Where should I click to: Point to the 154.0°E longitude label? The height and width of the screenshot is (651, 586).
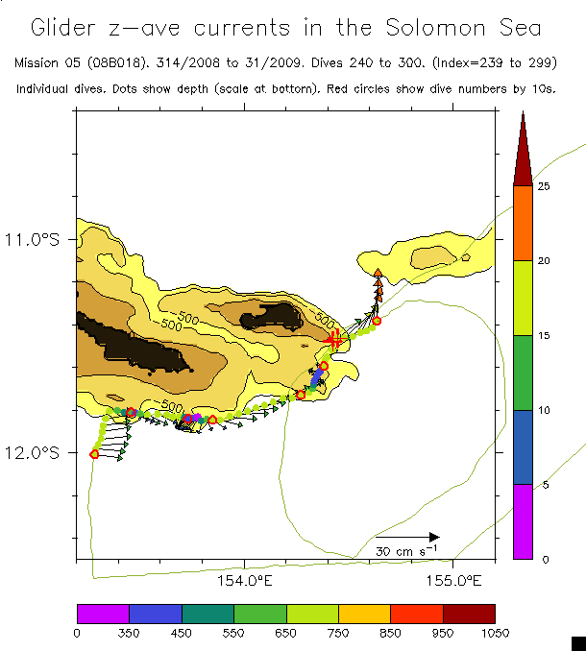[x=245, y=580]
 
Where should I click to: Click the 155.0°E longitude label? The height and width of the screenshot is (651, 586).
[x=453, y=580]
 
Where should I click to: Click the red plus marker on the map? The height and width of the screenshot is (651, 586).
[x=333, y=338]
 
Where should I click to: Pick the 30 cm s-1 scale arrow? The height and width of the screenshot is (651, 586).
[x=407, y=537]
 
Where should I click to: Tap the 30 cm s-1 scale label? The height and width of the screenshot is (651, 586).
[x=406, y=551]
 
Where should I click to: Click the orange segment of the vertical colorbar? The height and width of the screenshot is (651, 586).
[x=523, y=223]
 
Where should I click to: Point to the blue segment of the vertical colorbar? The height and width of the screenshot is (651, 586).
[x=523, y=446]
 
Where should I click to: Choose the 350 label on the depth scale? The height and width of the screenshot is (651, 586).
[x=129, y=632]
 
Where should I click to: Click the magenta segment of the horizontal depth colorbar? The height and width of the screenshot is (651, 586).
[x=103, y=613]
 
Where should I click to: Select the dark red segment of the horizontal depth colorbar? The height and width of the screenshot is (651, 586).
[x=469, y=613]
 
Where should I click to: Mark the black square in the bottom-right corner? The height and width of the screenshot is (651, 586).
[x=578, y=642]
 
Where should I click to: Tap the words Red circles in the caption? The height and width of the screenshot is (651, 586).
[x=324, y=88]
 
